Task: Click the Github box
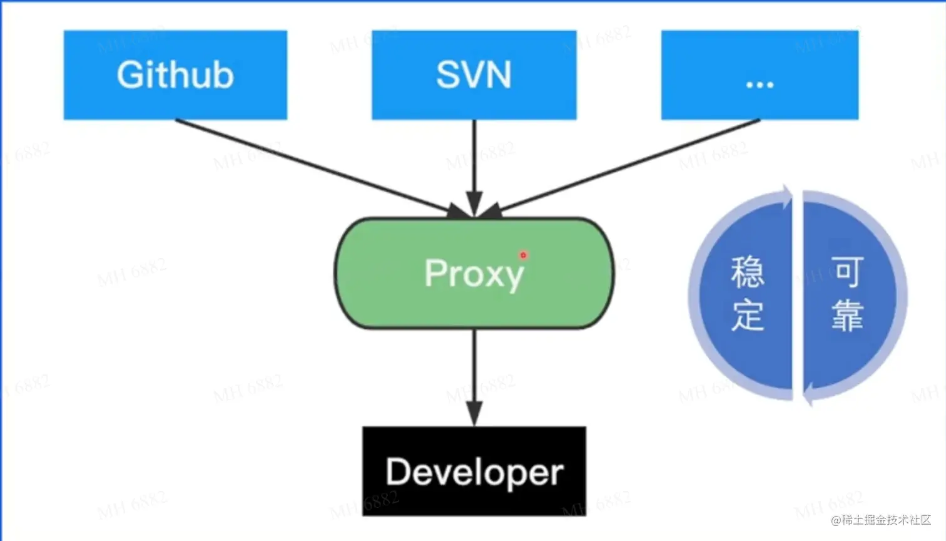pyautogui.click(x=175, y=75)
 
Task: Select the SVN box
pyautogui.click(x=474, y=75)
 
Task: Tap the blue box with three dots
pyautogui.click(x=760, y=75)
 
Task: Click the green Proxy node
pyautogui.click(x=474, y=273)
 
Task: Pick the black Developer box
pyautogui.click(x=474, y=471)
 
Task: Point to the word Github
pyautogui.click(x=175, y=75)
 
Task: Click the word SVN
pyautogui.click(x=474, y=75)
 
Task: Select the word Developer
pyautogui.click(x=474, y=473)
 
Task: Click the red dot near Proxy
pyautogui.click(x=524, y=255)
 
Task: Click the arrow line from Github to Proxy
pyautogui.click(x=323, y=168)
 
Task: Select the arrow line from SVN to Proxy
pyautogui.click(x=474, y=168)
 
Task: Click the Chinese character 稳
pyautogui.click(x=748, y=272)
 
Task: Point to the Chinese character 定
pyautogui.click(x=748, y=315)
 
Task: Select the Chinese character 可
pyautogui.click(x=847, y=272)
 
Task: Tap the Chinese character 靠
pyautogui.click(x=847, y=315)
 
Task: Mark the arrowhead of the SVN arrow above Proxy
pyautogui.click(x=474, y=204)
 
